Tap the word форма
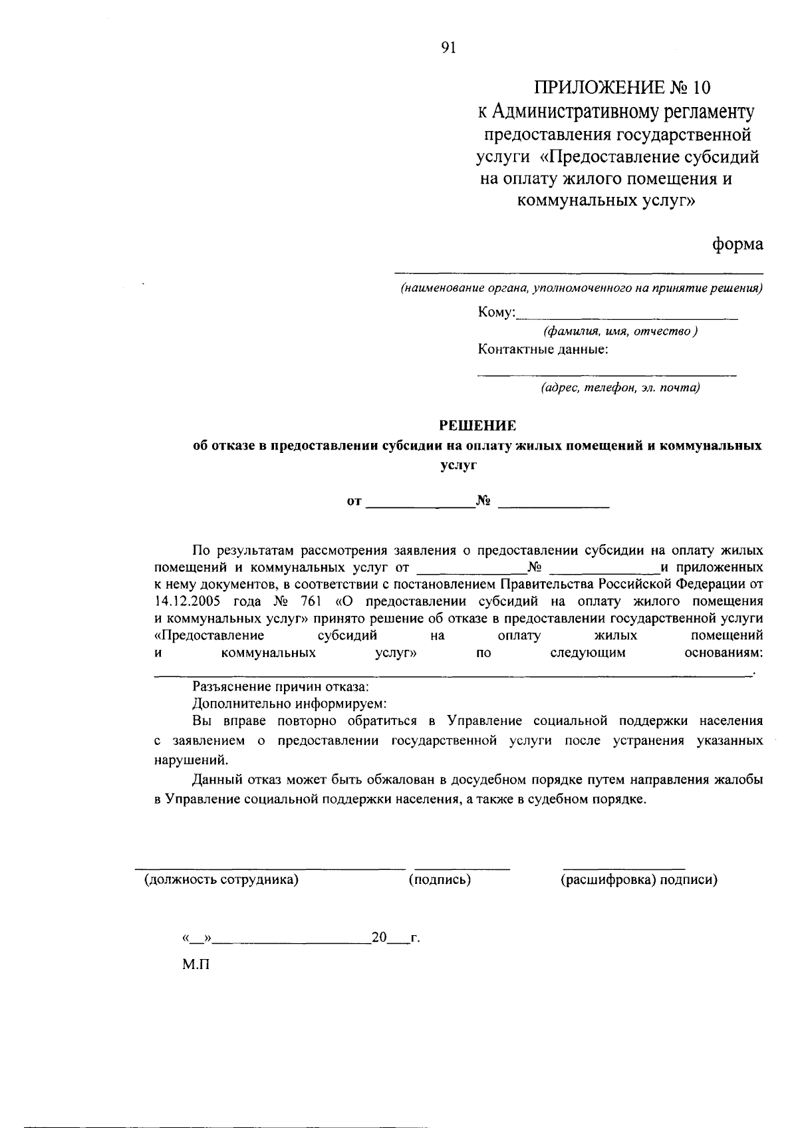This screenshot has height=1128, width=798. (x=737, y=244)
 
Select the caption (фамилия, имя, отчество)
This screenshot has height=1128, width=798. (x=620, y=331)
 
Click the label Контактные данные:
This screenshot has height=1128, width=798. (x=543, y=349)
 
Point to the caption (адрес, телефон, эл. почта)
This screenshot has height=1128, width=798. (x=620, y=387)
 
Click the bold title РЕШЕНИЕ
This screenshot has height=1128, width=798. (x=477, y=425)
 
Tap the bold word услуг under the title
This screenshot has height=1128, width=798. (x=459, y=466)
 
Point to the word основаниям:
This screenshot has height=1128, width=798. (x=723, y=653)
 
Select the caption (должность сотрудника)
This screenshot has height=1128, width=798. (x=221, y=880)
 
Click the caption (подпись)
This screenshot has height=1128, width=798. (x=440, y=880)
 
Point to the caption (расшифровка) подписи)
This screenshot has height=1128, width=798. (x=639, y=880)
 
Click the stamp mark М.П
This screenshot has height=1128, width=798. (x=196, y=964)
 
